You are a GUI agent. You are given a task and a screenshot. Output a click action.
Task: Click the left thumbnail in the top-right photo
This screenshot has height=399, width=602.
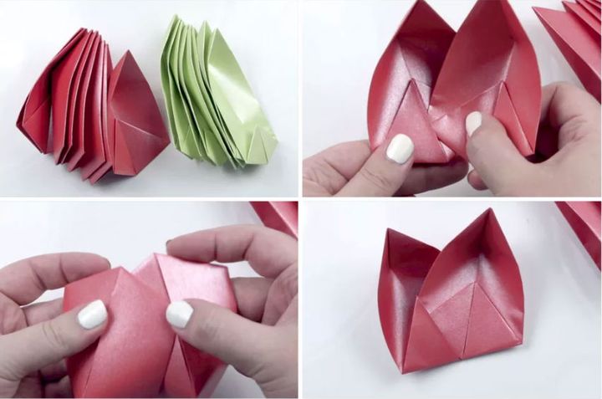pyautogui.click(x=399, y=149)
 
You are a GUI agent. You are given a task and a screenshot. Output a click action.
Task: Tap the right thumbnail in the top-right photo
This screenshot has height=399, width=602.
pyautogui.click(x=473, y=123)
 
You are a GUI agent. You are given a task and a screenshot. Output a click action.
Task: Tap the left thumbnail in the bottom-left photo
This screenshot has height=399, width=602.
pyautogui.click(x=92, y=315)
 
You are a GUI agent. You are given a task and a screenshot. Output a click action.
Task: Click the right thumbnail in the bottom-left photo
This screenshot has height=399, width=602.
pyautogui.click(x=179, y=315)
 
